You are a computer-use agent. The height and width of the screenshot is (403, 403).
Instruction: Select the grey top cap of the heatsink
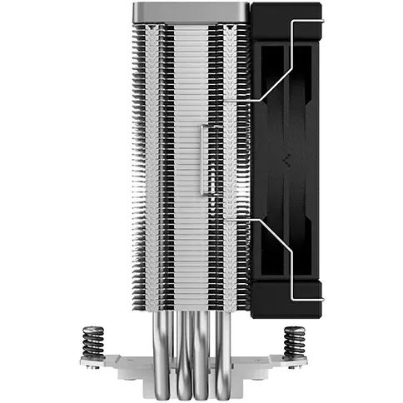(x=192, y=11)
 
